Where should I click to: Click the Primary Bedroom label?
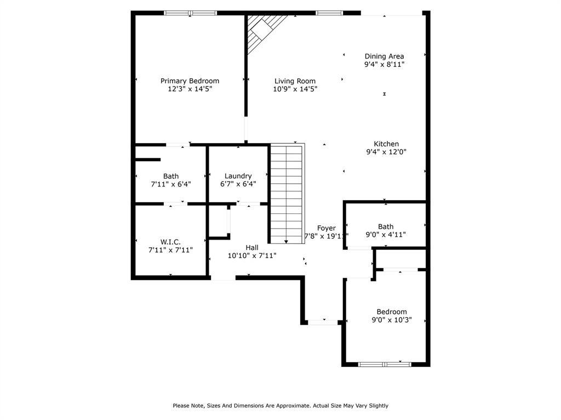tap(190, 81)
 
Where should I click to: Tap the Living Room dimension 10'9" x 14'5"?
tap(295, 89)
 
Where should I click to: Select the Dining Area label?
tap(385, 56)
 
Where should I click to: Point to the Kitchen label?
tap(386, 144)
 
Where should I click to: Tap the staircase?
tap(287, 191)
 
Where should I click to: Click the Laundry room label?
tap(238, 176)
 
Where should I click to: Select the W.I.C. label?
tap(170, 242)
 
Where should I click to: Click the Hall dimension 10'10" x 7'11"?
tap(252, 255)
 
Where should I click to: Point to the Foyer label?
tap(327, 228)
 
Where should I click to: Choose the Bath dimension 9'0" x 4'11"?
tap(386, 235)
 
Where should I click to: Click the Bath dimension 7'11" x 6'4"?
tap(170, 184)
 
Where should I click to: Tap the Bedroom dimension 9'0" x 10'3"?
tap(391, 320)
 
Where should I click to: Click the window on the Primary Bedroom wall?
tap(190, 13)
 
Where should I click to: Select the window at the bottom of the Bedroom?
tap(384, 364)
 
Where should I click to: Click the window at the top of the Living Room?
tap(329, 13)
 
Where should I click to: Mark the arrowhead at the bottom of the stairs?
tap(286, 241)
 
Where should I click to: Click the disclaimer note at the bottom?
tap(280, 406)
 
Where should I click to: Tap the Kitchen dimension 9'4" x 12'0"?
tap(386, 152)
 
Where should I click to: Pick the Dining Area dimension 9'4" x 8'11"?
tap(385, 64)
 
